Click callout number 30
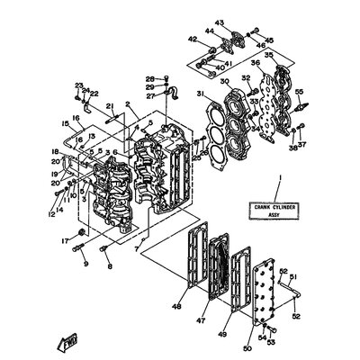(226, 78)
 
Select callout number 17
(64, 240)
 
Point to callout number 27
(150, 94)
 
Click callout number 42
(191, 39)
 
